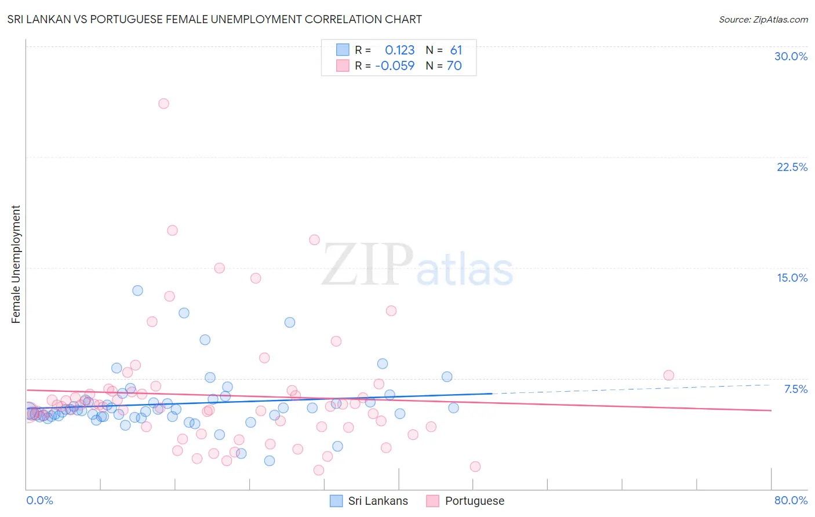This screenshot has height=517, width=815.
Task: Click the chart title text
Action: tap(214, 19)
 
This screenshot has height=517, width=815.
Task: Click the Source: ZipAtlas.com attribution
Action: tap(763, 19)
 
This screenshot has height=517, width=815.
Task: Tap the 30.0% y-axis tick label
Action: tap(791, 56)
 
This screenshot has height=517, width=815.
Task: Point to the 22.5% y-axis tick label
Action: tap(792, 167)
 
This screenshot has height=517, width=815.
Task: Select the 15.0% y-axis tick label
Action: tap(792, 278)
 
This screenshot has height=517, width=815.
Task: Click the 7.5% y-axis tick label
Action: tap(795, 389)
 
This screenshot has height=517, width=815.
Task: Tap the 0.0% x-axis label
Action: tap(39, 500)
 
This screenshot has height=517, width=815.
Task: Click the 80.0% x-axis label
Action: tap(791, 500)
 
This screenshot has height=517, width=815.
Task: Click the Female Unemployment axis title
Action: tap(16, 264)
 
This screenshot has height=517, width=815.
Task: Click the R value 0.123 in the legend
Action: tap(399, 50)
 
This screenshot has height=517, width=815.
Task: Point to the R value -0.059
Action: tap(395, 66)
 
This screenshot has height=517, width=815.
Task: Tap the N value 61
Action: tap(456, 50)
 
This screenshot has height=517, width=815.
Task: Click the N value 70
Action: tap(454, 66)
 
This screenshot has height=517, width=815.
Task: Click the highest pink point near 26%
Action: tap(163, 104)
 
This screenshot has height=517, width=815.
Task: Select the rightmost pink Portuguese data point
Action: tap(668, 375)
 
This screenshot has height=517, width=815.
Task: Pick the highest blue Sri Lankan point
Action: tap(137, 290)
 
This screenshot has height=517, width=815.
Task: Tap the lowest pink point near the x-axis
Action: tap(318, 470)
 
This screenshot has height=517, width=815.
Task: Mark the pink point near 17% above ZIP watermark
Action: tap(314, 240)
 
